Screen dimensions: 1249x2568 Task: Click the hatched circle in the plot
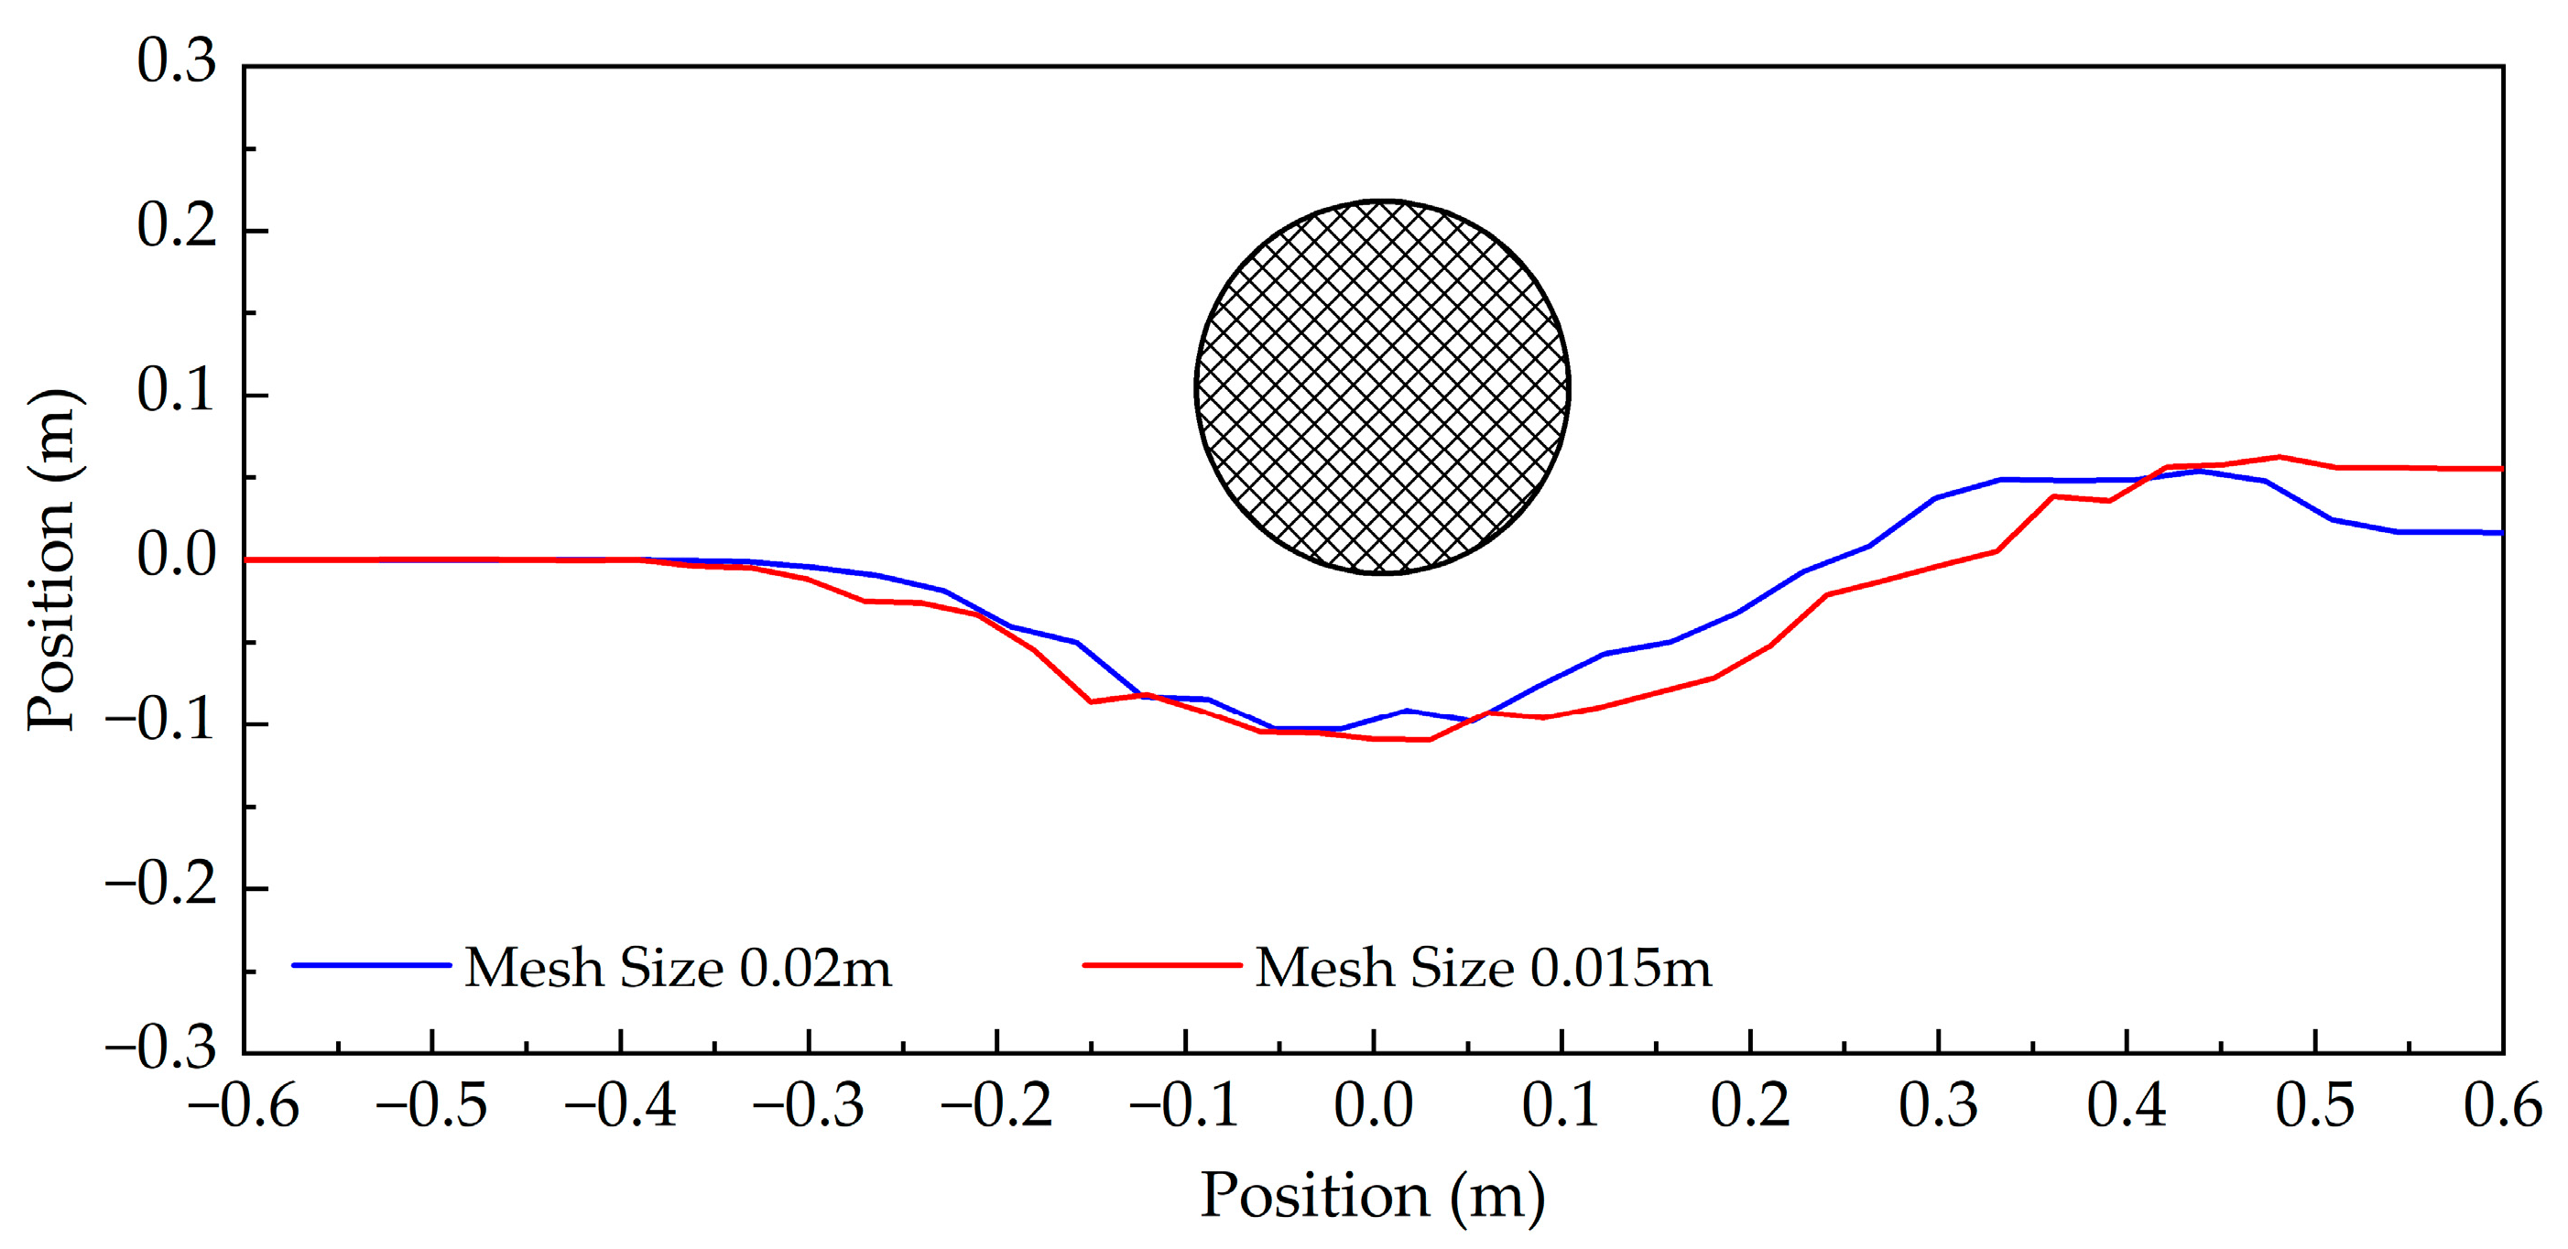pyautogui.click(x=1382, y=386)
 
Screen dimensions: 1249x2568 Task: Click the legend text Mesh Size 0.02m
pyautogui.click(x=678, y=967)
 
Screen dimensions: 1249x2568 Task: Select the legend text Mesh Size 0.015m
pyautogui.click(x=1483, y=967)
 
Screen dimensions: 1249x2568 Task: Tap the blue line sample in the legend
pyautogui.click(x=371, y=965)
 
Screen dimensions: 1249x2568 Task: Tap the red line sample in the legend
pyautogui.click(x=1162, y=965)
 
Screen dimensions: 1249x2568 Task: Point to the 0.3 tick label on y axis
pyautogui.click(x=177, y=61)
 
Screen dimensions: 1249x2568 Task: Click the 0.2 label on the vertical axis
pyautogui.click(x=177, y=226)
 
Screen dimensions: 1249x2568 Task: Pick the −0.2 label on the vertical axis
pyautogui.click(x=161, y=885)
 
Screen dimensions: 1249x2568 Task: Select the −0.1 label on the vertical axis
pyautogui.click(x=161, y=720)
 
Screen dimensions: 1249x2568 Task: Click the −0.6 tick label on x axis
pyautogui.click(x=244, y=1106)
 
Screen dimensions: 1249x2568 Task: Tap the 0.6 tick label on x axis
pyautogui.click(x=2502, y=1106)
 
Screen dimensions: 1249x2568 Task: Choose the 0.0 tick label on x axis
pyautogui.click(x=1374, y=1106)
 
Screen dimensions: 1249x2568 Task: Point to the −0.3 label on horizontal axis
pyautogui.click(x=809, y=1106)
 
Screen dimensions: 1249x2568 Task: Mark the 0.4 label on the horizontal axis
pyautogui.click(x=2127, y=1106)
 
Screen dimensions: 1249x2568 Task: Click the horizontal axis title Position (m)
pyautogui.click(x=1373, y=1195)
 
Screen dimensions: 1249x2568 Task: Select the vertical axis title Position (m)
pyautogui.click(x=52, y=559)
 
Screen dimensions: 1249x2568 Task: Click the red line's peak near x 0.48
pyautogui.click(x=2279, y=458)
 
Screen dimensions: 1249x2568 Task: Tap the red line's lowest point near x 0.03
pyautogui.click(x=1430, y=740)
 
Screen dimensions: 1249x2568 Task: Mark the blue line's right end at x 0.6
pyautogui.click(x=2500, y=532)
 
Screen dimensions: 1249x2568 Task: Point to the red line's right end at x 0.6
pyautogui.click(x=2500, y=469)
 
